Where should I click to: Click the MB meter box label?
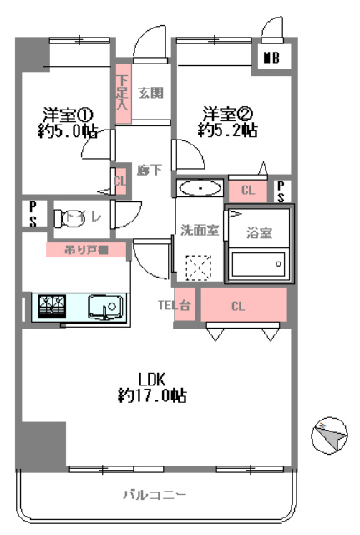click(x=271, y=58)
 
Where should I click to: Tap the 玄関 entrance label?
click(x=150, y=92)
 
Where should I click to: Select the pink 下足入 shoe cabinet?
click(x=122, y=94)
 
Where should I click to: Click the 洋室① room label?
click(x=64, y=114)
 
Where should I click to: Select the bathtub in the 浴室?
click(x=259, y=267)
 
